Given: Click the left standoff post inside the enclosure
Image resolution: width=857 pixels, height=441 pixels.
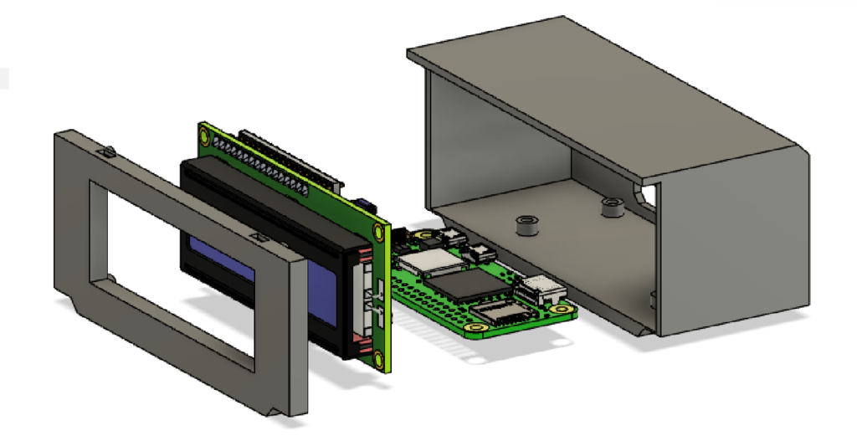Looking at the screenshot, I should click(x=526, y=225).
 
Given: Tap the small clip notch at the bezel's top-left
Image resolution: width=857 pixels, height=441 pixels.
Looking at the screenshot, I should click(x=108, y=152).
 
